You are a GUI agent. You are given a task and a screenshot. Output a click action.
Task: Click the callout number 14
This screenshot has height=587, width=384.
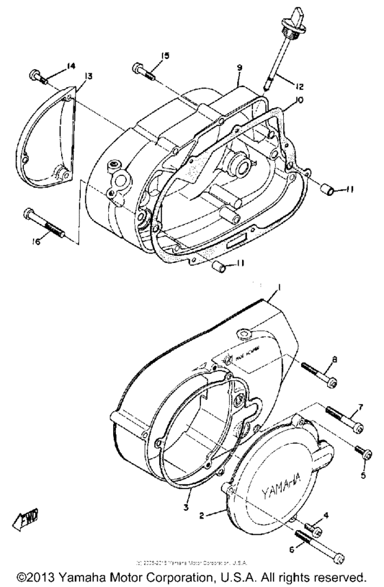coord(70,66)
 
